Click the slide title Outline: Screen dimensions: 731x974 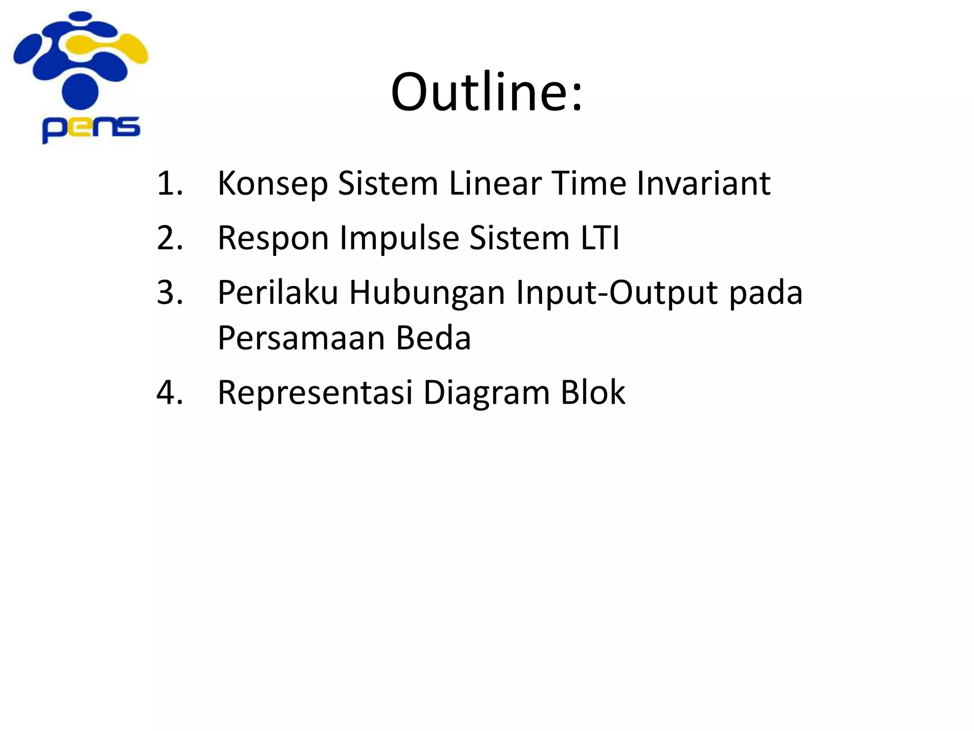tap(487, 91)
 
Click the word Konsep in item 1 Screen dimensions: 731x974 tap(273, 184)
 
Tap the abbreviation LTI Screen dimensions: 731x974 tap(600, 237)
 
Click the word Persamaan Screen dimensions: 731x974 tap(301, 338)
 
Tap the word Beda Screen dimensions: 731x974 tap(433, 338)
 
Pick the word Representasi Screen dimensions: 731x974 tap(315, 393)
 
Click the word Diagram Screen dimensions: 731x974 tap(487, 393)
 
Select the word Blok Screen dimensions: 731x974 tap(593, 393)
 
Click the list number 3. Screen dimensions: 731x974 tap(169, 292)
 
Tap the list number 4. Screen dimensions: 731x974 tap(169, 393)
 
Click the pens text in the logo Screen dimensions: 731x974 tap(91, 128)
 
